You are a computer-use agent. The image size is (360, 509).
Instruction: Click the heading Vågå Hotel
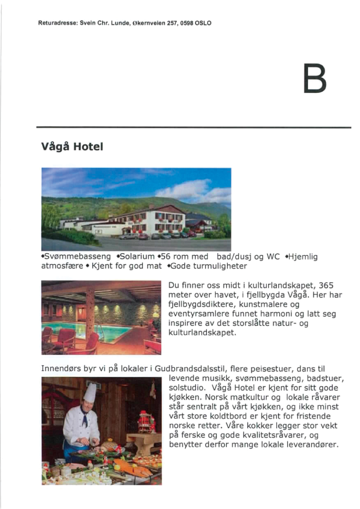(72, 147)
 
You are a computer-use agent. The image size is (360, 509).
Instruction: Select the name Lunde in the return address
(119, 23)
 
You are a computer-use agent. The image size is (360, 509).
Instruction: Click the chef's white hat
(89, 393)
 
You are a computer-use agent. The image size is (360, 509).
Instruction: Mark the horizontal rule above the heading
(193, 127)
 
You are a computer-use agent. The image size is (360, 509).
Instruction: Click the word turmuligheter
(221, 266)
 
